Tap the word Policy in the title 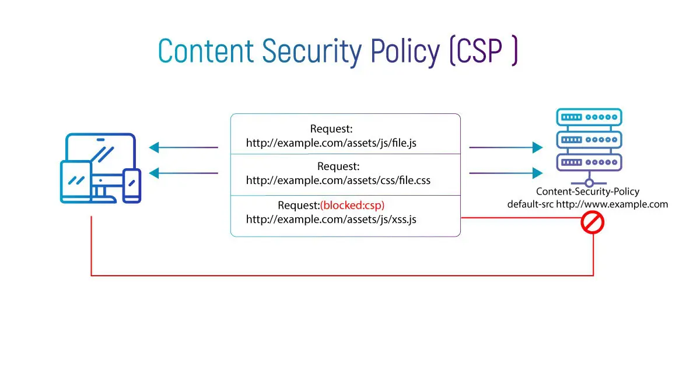point(405,51)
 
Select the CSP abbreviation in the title point(484,51)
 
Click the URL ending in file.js point(331,143)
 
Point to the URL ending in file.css point(338,180)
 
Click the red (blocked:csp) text point(352,205)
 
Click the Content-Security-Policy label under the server point(587,192)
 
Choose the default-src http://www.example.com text point(587,204)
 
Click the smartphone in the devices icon point(132,185)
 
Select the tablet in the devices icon point(76,181)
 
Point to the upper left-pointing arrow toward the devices point(183,148)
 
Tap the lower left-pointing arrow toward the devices point(183,173)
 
